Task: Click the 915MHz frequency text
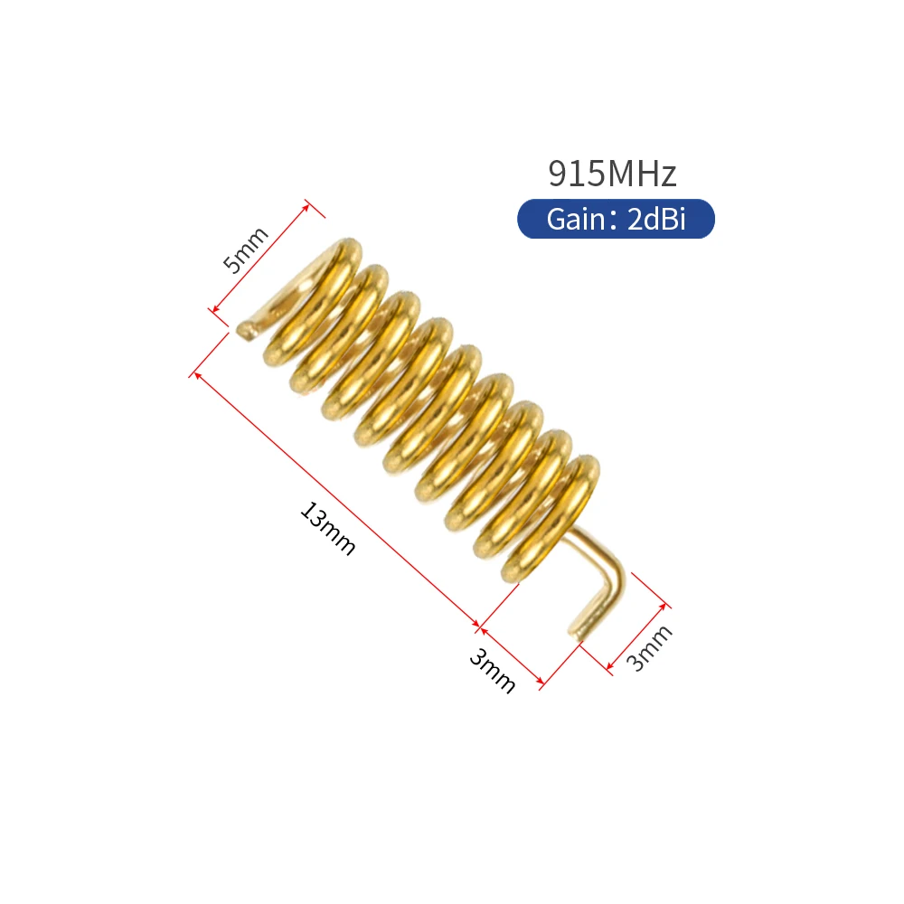point(612,173)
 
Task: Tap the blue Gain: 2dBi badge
point(616,220)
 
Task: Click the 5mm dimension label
point(246,250)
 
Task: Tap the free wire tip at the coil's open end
point(244,330)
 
